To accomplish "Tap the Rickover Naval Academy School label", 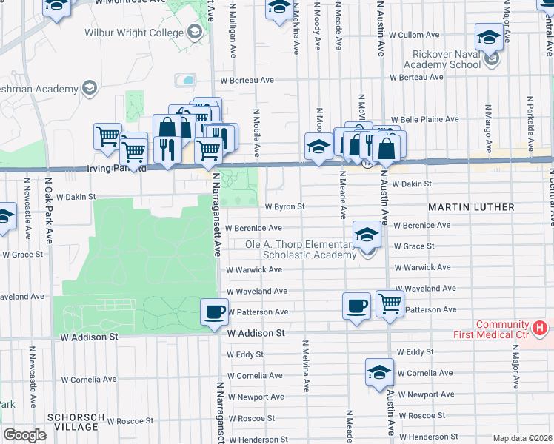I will click(x=446, y=58).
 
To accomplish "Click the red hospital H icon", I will click(x=541, y=326).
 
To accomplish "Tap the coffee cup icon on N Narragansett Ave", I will click(x=215, y=312).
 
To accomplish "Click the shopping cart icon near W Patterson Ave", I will click(x=390, y=303).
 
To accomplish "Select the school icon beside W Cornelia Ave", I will click(x=379, y=372).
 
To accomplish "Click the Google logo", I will click(x=24, y=435).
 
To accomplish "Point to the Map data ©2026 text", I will click(x=522, y=438).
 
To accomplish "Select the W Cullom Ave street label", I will click(x=420, y=35).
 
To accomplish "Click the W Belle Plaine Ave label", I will click(x=425, y=119).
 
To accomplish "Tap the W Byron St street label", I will click(x=284, y=207).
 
